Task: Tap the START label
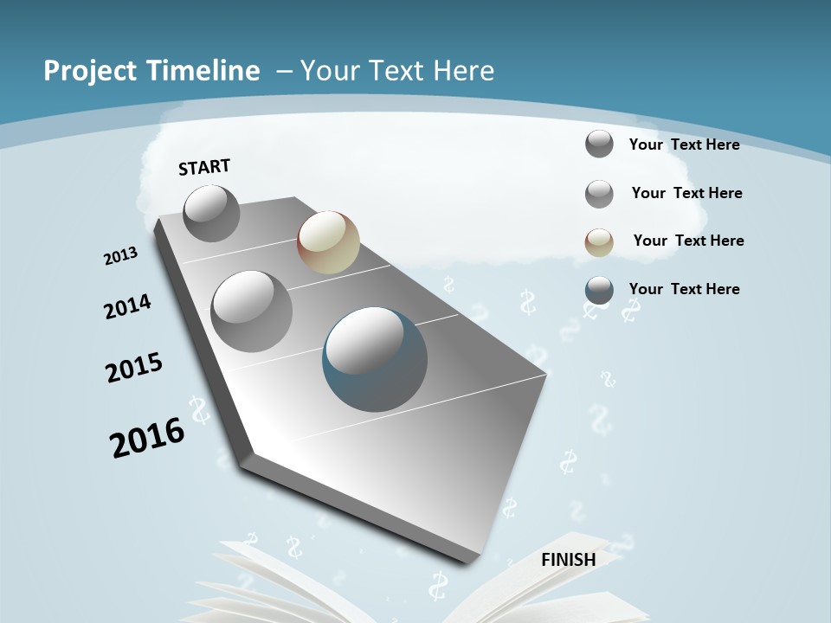click(x=204, y=167)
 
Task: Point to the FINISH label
click(x=569, y=559)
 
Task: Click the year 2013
click(x=120, y=256)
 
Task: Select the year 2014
click(x=127, y=306)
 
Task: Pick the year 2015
click(x=134, y=368)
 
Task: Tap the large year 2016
click(x=147, y=437)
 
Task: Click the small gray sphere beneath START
click(x=211, y=213)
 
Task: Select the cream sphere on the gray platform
click(x=328, y=242)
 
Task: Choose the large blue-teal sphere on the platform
click(x=375, y=359)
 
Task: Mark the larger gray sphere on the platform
click(x=251, y=311)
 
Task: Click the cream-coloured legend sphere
click(x=599, y=242)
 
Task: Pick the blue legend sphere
click(x=599, y=291)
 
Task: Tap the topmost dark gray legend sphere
click(x=599, y=144)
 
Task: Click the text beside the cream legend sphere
click(x=688, y=241)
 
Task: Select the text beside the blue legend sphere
click(x=684, y=289)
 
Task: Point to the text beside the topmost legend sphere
click(x=684, y=145)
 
